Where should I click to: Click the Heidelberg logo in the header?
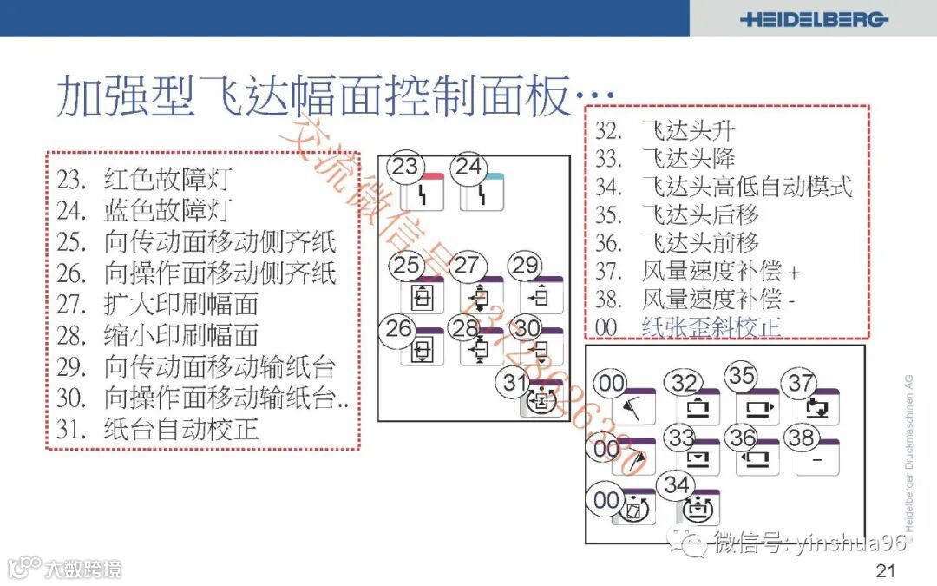pos(813,19)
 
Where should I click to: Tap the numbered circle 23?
pos(405,167)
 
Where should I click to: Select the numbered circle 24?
pos(468,167)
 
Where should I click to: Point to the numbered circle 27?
pos(467,266)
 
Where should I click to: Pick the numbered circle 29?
pos(525,266)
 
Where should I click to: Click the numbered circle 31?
pos(514,382)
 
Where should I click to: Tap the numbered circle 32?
pos(685,383)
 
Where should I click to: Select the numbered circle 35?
pos(742,376)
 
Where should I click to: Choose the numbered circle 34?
pos(676,485)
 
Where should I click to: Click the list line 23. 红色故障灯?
pos(145,180)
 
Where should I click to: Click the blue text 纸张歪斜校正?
pos(711,326)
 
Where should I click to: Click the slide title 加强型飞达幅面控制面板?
pos(312,95)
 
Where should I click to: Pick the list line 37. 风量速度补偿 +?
pos(698,271)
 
